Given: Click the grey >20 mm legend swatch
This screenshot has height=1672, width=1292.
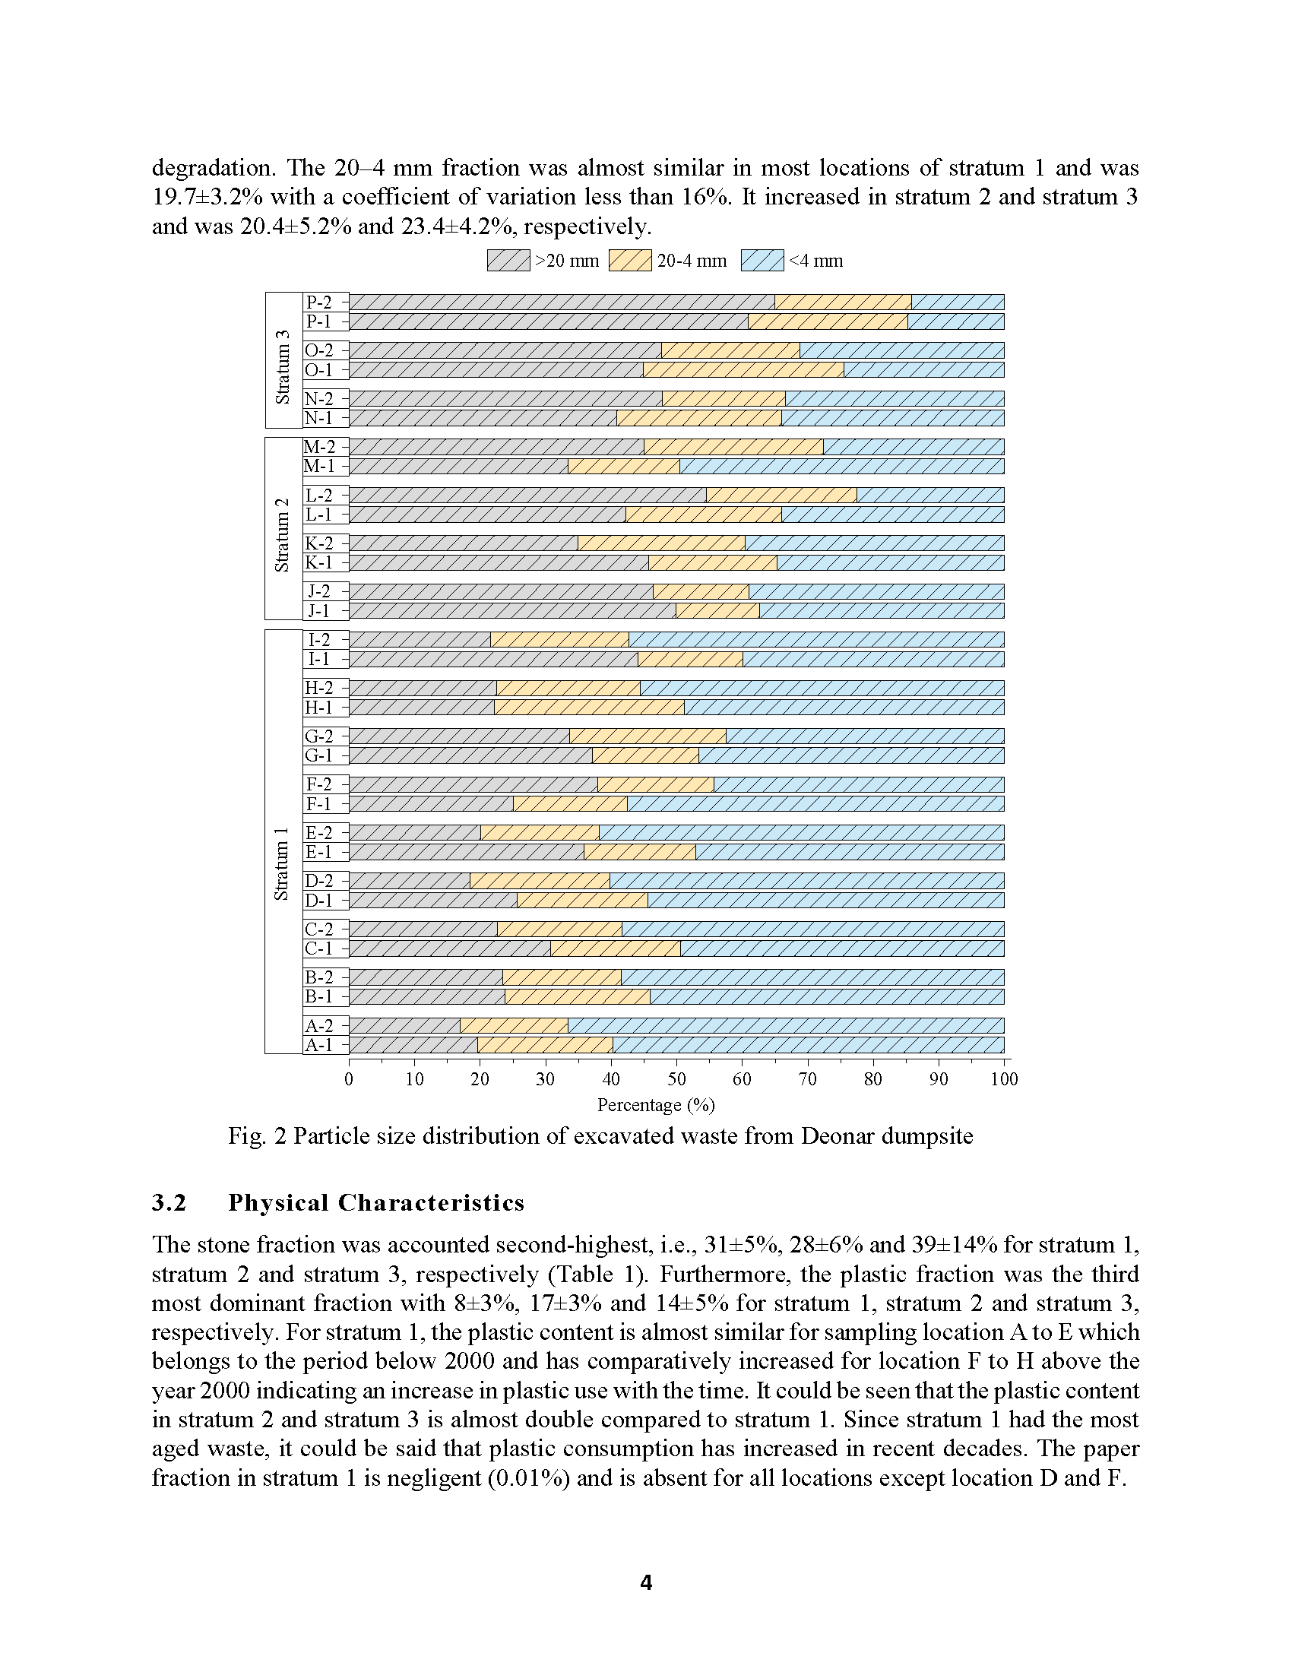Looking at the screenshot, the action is (508, 260).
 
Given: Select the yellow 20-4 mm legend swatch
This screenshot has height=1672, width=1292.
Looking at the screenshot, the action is (630, 260).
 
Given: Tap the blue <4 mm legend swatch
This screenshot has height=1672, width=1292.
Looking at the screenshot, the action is (762, 260).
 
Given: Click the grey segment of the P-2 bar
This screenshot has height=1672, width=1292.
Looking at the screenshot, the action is (562, 302).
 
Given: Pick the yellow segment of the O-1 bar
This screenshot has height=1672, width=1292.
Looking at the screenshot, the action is (743, 370).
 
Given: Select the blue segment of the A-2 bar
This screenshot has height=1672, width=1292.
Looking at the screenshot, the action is (786, 1026).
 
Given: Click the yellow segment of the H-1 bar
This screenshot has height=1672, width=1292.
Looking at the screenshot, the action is (589, 708).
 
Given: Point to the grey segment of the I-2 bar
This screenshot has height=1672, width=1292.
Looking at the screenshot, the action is (420, 640).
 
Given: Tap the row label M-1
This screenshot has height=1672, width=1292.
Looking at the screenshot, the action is (319, 466).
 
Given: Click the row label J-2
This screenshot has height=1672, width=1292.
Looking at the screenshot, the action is (319, 592).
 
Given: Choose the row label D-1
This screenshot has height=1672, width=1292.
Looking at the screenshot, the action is (319, 901).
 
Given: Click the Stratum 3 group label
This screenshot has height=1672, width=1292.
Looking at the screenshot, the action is (283, 367).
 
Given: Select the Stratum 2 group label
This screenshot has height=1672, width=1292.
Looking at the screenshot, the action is (283, 534).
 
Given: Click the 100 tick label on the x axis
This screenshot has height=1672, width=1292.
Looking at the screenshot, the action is (1004, 1079).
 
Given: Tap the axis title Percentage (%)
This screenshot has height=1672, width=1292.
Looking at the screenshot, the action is (656, 1106).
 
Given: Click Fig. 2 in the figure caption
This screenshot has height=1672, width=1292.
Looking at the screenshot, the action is (257, 1136).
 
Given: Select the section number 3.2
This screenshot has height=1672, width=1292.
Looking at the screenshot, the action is (169, 1203).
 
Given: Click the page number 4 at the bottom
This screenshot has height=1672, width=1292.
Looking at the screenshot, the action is (646, 1582).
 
